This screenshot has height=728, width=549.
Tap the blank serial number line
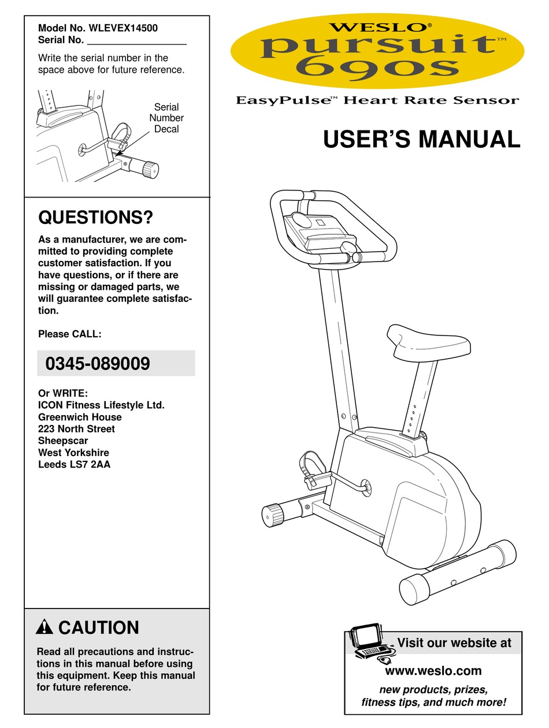tap(136, 41)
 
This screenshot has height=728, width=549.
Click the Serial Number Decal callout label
tap(166, 118)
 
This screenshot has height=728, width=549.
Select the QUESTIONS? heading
tap(95, 218)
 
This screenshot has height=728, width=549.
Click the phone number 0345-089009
tap(98, 364)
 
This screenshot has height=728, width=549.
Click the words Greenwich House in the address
tap(80, 417)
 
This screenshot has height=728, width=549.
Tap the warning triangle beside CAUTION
tap(44, 628)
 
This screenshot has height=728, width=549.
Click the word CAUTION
tap(99, 628)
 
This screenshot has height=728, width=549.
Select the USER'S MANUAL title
tap(421, 140)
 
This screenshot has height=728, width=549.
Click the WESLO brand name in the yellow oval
tap(377, 27)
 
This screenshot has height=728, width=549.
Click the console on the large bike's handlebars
tap(318, 232)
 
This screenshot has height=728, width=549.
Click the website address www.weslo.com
tap(433, 671)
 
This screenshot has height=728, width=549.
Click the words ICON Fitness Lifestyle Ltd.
tap(101, 405)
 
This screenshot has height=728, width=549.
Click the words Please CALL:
tap(69, 334)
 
